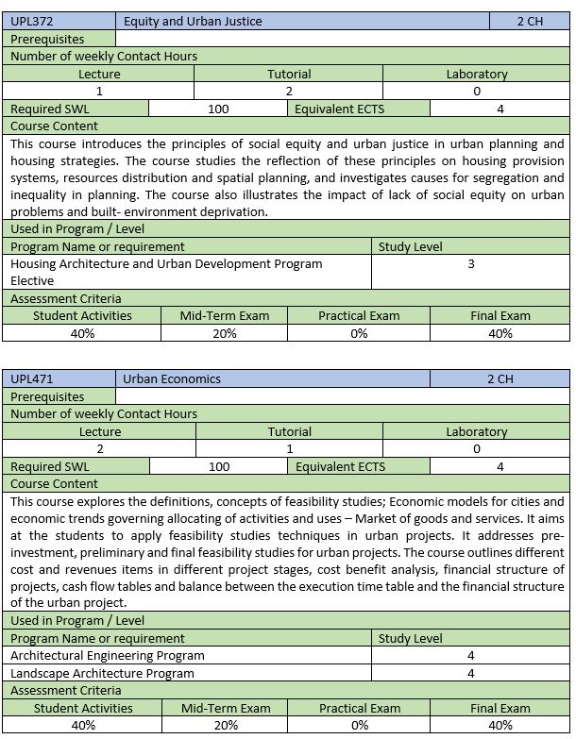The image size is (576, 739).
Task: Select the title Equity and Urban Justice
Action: coord(193,21)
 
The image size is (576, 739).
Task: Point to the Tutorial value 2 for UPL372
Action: coord(289,92)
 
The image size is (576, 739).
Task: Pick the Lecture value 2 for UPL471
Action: coord(99,449)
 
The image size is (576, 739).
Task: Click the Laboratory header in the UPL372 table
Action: coord(477,74)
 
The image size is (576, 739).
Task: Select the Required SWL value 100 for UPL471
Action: coord(219,466)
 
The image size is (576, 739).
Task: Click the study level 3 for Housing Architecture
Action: coord(471,264)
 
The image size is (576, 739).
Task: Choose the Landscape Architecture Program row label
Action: coord(102,673)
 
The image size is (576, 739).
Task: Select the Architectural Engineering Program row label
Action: coord(107,655)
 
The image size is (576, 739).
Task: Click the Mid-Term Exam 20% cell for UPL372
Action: coord(225,333)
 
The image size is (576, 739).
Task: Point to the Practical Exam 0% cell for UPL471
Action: coord(359,726)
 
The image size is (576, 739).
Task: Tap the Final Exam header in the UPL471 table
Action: coord(500,708)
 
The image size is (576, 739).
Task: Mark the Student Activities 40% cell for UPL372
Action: coord(82,333)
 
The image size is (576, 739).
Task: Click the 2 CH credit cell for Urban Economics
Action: coord(500,378)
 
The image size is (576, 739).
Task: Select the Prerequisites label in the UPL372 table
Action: coord(47,39)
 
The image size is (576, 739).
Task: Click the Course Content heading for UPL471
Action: coord(54,484)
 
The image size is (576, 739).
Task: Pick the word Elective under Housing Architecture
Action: coord(32,280)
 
